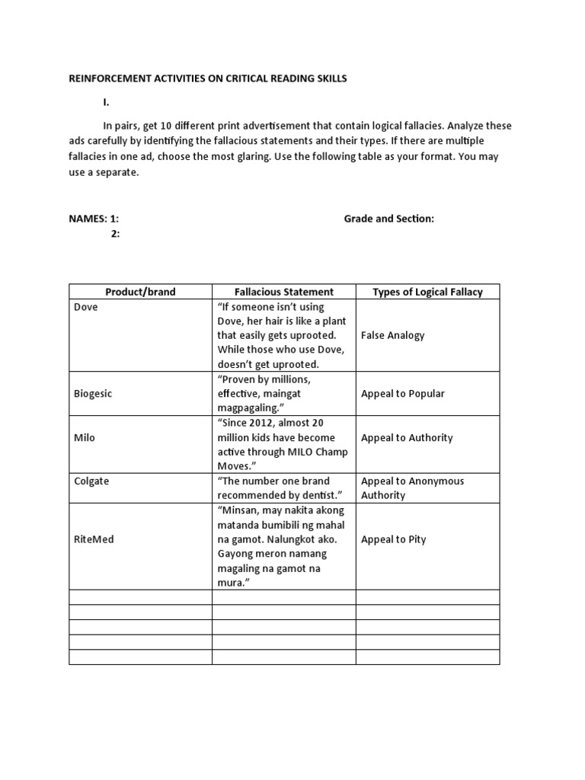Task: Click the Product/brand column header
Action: pos(140,292)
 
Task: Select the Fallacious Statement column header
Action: pos(283,292)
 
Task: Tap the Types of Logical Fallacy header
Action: pos(427,292)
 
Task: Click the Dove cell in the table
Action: pos(86,307)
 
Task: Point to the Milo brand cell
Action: pos(85,438)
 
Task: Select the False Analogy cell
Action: pos(393,335)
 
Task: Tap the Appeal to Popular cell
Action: pos(403,394)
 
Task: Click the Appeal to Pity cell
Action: pos(394,539)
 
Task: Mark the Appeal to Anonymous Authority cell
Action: pos(412,488)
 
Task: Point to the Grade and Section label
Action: pos(388,219)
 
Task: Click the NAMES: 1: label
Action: pos(94,219)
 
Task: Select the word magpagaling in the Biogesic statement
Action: pos(249,408)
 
